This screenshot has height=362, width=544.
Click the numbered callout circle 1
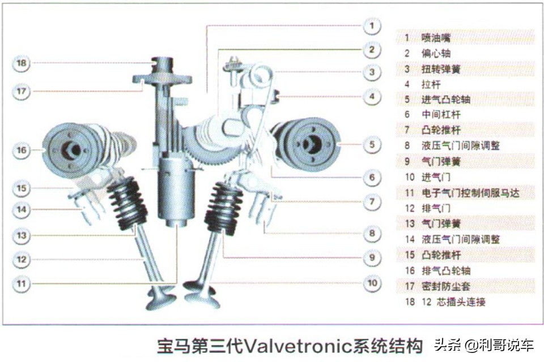(x=372, y=25)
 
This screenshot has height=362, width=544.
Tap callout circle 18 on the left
(x=22, y=63)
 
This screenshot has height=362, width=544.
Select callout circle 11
(x=22, y=284)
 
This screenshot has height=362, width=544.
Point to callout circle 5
(x=372, y=144)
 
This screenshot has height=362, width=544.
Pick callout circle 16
(x=22, y=150)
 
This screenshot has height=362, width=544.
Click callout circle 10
(x=372, y=283)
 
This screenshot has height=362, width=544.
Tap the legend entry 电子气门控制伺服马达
(x=470, y=193)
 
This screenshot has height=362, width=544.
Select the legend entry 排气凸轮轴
(x=446, y=270)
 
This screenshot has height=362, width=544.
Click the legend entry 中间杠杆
(x=441, y=114)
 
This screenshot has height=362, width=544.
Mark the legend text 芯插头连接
(x=461, y=302)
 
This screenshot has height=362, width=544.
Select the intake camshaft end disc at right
(x=309, y=144)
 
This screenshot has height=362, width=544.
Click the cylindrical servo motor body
(x=175, y=190)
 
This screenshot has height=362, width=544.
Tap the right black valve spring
(x=223, y=208)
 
